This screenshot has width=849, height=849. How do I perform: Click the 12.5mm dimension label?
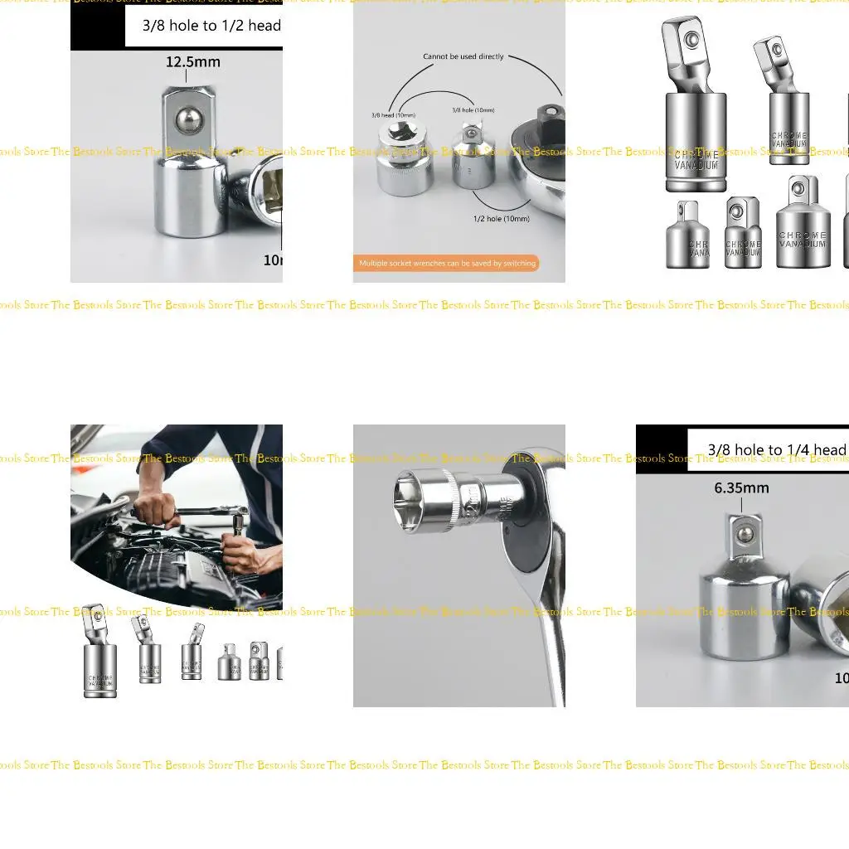pos(192,62)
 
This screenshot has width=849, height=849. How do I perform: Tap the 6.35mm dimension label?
pos(741,488)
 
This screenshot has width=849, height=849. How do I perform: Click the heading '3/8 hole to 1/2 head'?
pos(211,26)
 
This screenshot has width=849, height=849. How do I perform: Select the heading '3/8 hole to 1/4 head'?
pos(776,450)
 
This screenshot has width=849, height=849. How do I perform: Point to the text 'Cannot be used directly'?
pos(463,57)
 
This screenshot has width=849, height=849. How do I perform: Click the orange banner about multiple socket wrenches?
pos(446,264)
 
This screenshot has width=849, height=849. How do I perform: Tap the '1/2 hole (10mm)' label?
pos(501,218)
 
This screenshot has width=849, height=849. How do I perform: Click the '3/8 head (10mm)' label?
pos(393,114)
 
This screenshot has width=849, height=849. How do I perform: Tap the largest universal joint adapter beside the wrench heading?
pos(695,108)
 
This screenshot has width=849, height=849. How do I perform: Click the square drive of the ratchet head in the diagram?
pos(549,113)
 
